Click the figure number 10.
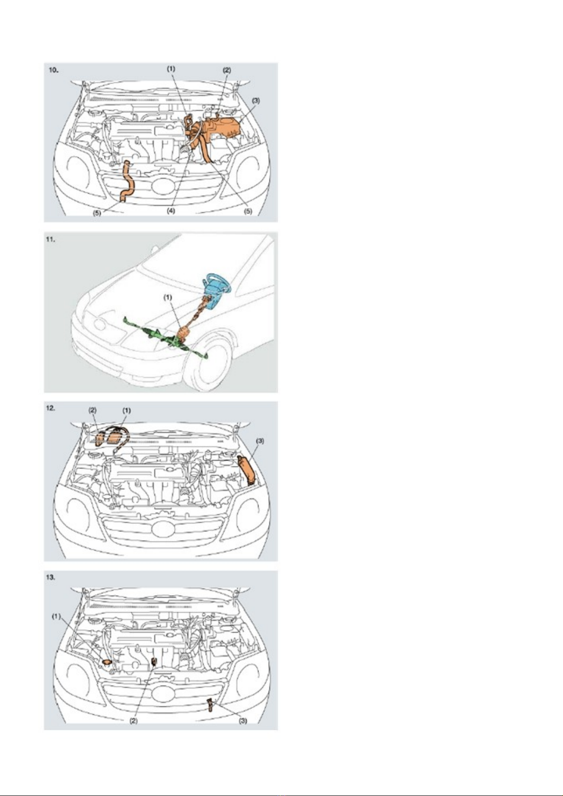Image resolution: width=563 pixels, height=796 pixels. (x=53, y=70)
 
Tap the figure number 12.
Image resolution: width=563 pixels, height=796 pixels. (x=53, y=408)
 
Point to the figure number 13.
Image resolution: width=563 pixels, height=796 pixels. (x=53, y=577)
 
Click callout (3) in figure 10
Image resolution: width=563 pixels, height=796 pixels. (x=256, y=101)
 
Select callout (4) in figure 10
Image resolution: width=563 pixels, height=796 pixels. (x=171, y=210)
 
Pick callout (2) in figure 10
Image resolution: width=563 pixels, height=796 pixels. (x=226, y=70)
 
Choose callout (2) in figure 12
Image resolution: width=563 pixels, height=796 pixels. (x=93, y=411)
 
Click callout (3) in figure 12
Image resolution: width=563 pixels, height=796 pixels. (x=260, y=441)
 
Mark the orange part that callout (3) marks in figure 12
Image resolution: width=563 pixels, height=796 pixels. (x=246, y=470)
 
